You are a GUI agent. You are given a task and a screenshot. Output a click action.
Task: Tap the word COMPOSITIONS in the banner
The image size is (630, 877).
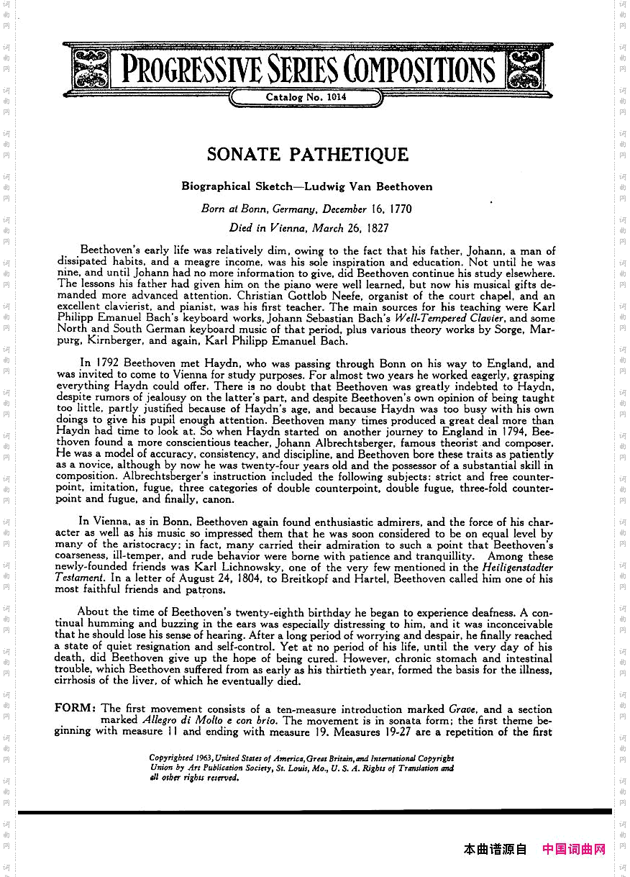click(419, 70)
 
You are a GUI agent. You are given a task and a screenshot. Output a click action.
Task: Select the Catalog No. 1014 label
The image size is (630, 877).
click(306, 97)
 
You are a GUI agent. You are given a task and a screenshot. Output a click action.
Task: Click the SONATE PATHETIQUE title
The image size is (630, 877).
click(307, 155)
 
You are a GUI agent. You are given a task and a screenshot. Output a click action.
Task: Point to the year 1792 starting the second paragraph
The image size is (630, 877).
click(106, 364)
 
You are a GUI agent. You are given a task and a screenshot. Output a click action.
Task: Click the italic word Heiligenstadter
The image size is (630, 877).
click(516, 567)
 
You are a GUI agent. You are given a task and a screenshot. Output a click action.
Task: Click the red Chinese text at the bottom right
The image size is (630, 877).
click(574, 849)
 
